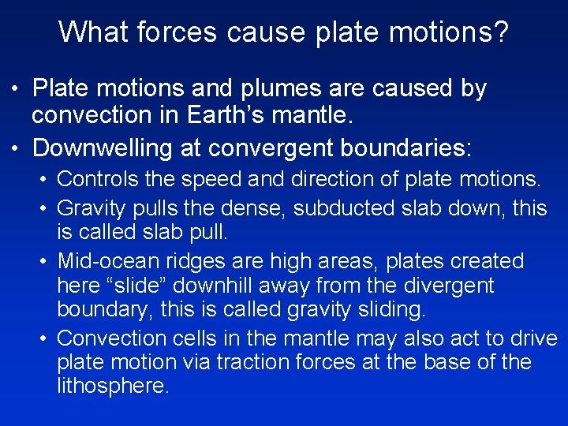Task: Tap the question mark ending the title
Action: tap(501, 32)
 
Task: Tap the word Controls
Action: tap(99, 179)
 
